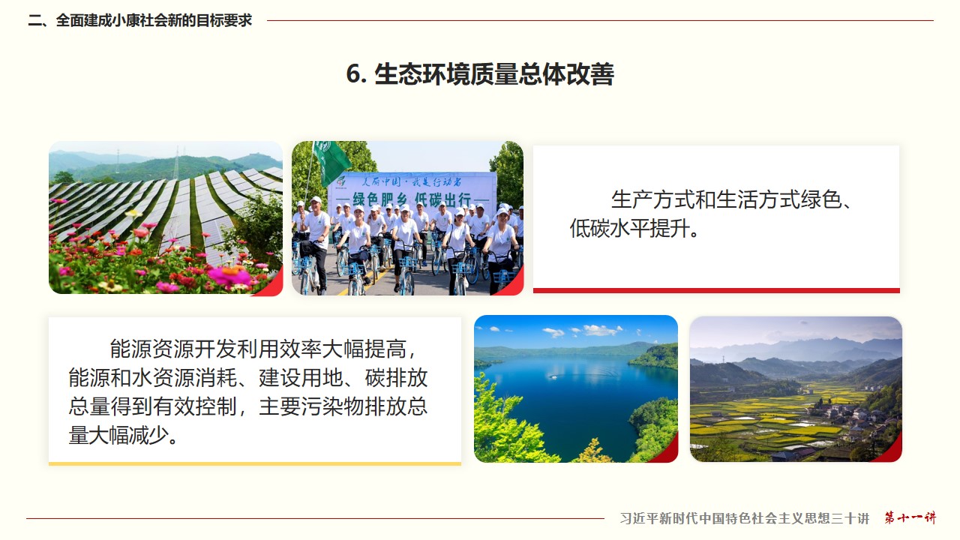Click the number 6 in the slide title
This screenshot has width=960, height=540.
point(353,73)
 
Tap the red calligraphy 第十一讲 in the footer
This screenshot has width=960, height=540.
point(910,517)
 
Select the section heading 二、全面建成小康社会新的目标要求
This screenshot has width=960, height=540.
point(139,20)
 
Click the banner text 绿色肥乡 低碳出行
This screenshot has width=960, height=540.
point(412,199)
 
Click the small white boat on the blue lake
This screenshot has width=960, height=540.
point(553,376)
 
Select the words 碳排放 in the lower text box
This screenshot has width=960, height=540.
point(397,377)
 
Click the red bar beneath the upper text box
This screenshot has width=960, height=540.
point(716,290)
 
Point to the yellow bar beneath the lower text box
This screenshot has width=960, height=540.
point(255,463)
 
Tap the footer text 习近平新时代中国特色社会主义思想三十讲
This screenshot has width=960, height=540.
point(745,518)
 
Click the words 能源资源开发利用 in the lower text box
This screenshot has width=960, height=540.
point(194,349)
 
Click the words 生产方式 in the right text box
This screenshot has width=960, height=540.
point(653,199)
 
